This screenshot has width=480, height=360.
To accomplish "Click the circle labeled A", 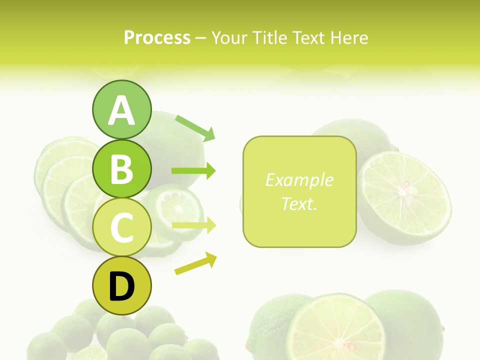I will (121, 109).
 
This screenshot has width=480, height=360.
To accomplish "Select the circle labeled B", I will (121, 168).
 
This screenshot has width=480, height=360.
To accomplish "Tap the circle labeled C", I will (121, 227).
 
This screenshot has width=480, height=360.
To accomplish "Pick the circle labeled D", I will (121, 285).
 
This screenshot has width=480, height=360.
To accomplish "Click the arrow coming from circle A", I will (195, 127).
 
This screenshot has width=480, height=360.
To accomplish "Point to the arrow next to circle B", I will (193, 171).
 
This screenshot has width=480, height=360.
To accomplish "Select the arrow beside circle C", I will (193, 225).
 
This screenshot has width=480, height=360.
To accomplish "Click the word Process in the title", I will (157, 37).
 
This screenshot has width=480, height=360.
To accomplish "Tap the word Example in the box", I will (299, 180).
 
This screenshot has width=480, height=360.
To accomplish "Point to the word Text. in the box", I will (299, 203).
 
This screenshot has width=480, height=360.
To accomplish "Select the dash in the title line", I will (200, 37).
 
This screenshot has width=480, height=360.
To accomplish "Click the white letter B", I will (121, 168).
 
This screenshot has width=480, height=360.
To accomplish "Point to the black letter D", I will (121, 286).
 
